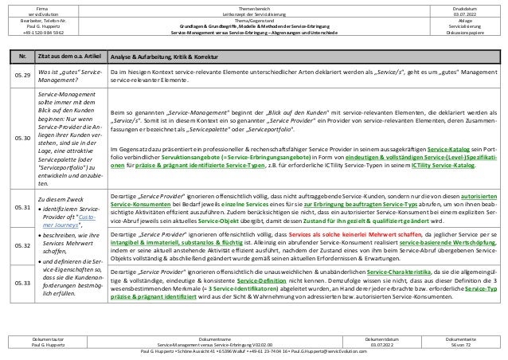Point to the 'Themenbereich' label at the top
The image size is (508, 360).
pyautogui.click(x=254, y=6)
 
